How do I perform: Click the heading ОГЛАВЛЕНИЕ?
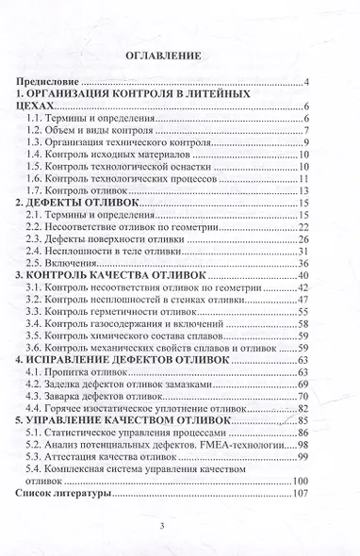[x=179, y=56]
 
